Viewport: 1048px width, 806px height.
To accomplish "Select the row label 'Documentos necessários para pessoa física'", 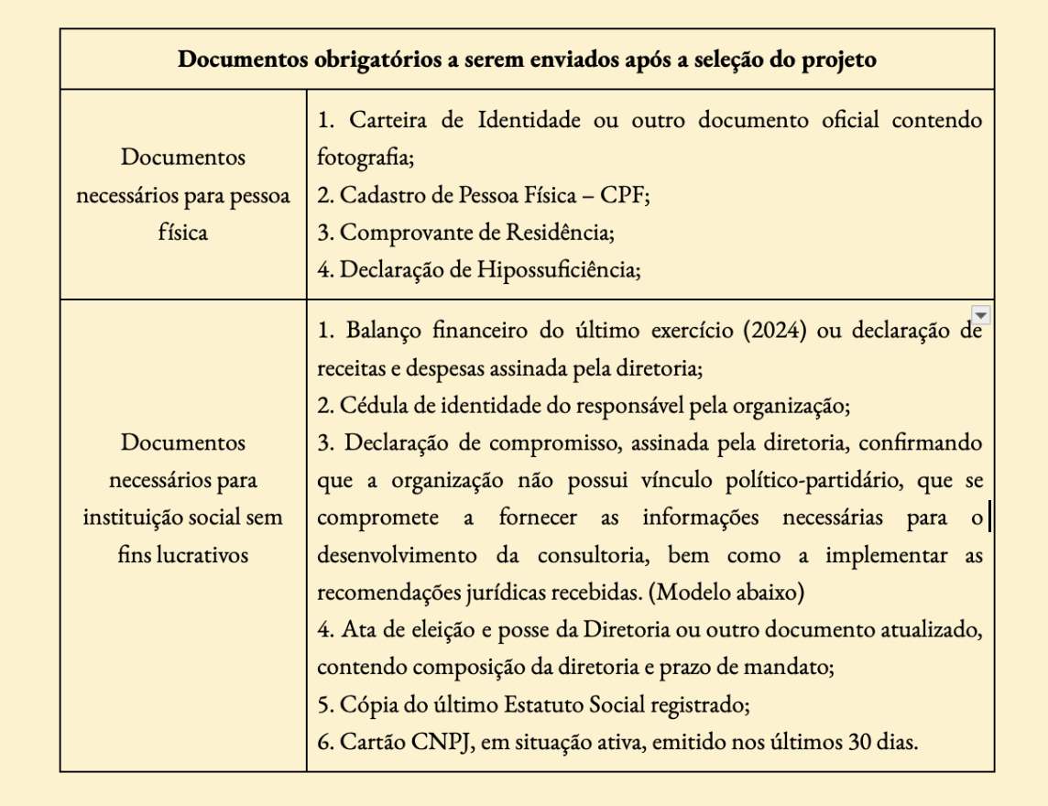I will (183, 194).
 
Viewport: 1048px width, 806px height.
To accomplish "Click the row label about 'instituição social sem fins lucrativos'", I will (183, 498).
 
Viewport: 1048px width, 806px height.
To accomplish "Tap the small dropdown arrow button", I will (981, 316).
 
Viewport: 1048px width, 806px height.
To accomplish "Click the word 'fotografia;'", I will (366, 158).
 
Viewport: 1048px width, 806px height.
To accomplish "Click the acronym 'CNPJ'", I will (424, 741).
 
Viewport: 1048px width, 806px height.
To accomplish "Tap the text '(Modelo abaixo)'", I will (726, 592).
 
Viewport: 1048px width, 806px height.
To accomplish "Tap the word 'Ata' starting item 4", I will (357, 629).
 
